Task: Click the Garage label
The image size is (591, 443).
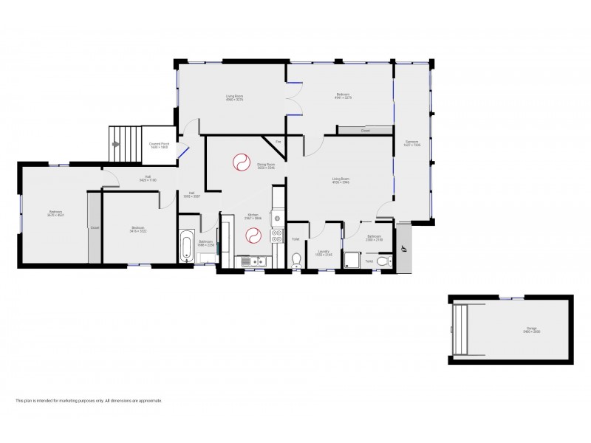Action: click(x=510, y=331)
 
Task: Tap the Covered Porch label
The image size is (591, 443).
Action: click(x=159, y=146)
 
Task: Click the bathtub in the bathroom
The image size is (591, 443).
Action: click(x=186, y=246)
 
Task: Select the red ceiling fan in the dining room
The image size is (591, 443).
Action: click(x=242, y=161)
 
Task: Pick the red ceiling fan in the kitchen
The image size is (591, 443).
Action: click(x=253, y=236)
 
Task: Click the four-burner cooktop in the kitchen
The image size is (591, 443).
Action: click(x=277, y=236)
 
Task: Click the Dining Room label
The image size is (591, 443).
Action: click(x=266, y=167)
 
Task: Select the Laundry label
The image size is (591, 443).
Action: click(x=323, y=253)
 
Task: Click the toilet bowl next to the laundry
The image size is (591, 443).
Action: click(x=296, y=259)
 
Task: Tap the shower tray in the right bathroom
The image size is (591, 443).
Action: click(x=355, y=261)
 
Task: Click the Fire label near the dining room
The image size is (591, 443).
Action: click(x=278, y=141)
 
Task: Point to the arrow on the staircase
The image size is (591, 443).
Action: click(x=116, y=145)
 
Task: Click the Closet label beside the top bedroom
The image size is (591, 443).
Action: click(x=365, y=131)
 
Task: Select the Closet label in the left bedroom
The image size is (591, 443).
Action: click(x=95, y=228)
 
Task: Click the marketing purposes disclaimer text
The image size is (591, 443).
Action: click(x=89, y=401)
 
